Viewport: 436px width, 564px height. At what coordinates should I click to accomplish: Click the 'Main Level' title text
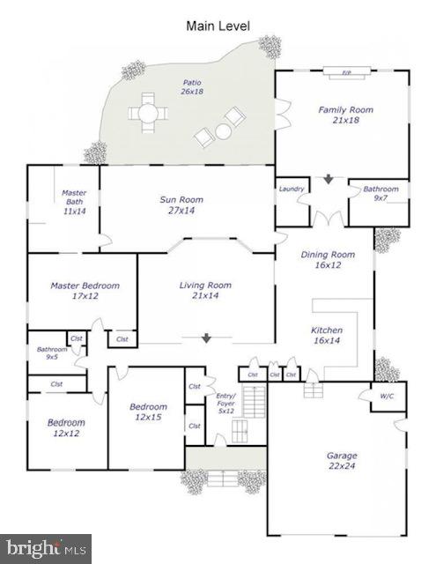(218, 26)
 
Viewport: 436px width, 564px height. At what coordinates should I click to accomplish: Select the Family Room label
(345, 115)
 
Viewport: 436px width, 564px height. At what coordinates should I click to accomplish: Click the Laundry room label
(291, 189)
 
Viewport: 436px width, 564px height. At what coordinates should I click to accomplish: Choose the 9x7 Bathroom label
(381, 194)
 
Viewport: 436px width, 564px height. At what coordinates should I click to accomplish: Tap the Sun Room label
(181, 205)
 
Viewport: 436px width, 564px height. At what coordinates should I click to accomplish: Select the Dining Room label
(328, 259)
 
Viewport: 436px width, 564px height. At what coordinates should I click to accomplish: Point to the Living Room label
(205, 290)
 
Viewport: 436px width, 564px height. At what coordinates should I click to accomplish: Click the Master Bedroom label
(85, 291)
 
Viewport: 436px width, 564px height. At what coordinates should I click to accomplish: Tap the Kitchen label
(327, 336)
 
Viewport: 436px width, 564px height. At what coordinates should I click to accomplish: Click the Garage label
(342, 461)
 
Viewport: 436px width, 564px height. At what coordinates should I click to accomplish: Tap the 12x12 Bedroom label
(66, 428)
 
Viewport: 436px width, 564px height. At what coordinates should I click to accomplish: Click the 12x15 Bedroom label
(148, 412)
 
